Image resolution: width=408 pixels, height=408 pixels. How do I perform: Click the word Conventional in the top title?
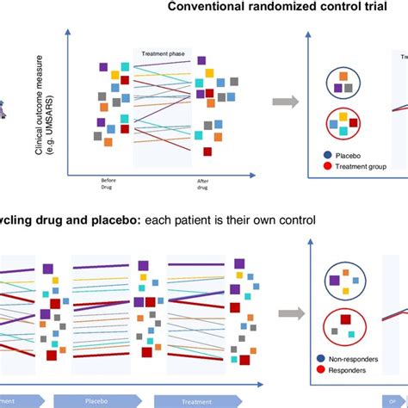pos(205,8)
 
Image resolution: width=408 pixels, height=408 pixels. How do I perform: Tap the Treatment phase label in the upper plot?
pos(161,53)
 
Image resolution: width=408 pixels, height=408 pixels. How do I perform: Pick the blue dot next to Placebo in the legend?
pos(318,157)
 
